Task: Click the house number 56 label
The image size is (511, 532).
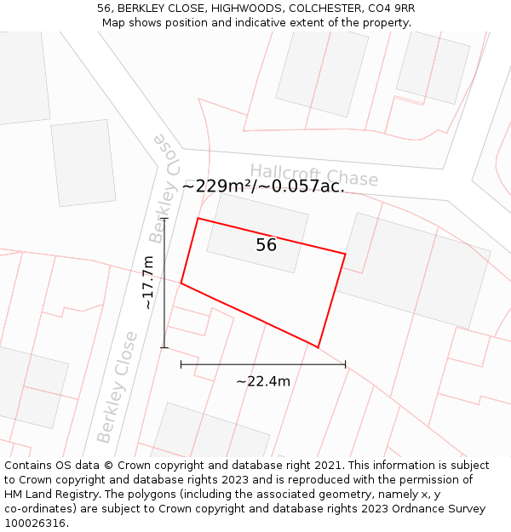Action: [x=267, y=245]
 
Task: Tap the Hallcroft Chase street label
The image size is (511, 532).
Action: [x=313, y=175]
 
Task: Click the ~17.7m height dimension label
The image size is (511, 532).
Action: [x=148, y=283]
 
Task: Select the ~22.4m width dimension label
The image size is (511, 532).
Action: [x=263, y=381]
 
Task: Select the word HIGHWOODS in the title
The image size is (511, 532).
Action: [x=247, y=9]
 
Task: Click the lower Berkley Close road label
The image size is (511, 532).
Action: [x=117, y=387]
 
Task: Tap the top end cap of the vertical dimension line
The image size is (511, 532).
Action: [x=164, y=219]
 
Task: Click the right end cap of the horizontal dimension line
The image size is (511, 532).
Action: [x=346, y=364]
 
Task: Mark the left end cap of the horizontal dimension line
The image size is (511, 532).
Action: [x=181, y=364]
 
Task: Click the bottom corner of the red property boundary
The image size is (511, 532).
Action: [x=318, y=347]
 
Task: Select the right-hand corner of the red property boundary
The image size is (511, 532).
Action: [x=345, y=254]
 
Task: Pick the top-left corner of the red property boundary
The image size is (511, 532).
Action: [x=198, y=219]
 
